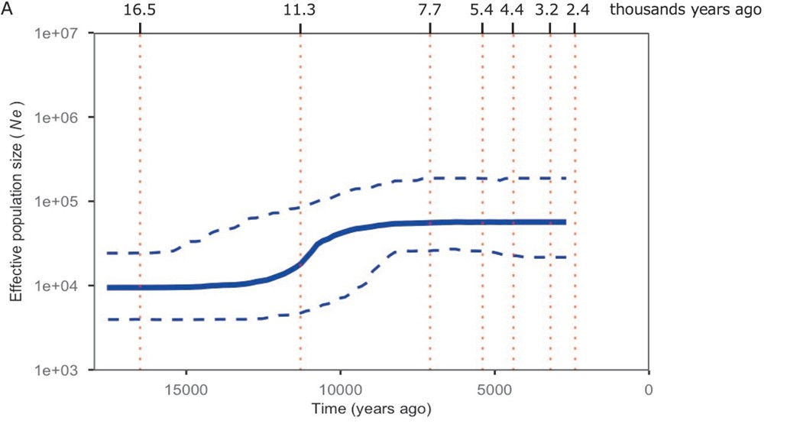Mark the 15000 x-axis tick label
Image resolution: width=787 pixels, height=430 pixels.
click(186, 390)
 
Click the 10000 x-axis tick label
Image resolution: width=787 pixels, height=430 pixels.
click(341, 390)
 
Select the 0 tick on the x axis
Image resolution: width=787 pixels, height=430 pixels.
click(649, 390)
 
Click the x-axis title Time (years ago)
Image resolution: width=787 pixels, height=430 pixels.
click(371, 409)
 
